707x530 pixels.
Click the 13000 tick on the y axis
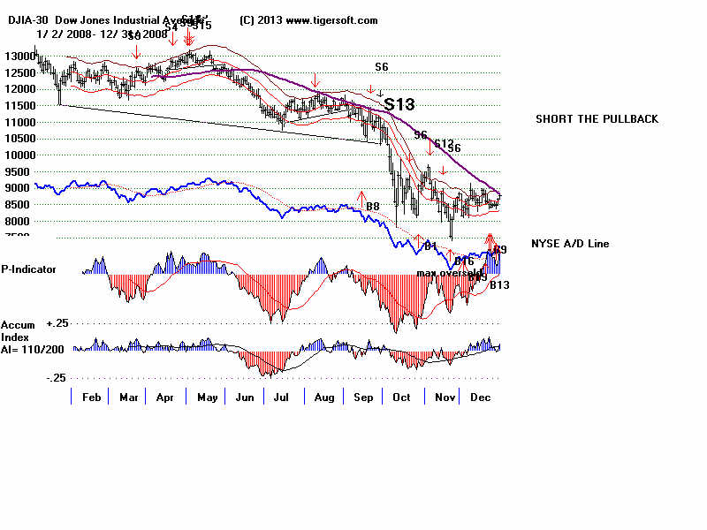pos(18,57)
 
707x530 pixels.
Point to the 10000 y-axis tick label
pos(18,155)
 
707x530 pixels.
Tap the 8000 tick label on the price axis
pos(18,222)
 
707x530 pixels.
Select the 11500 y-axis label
pos(18,106)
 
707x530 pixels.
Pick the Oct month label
pos(402,398)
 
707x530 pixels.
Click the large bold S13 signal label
pos(399,104)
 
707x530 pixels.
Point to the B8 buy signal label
pos(373,207)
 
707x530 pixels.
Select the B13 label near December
pos(499,285)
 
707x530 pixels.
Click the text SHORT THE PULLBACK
pos(597,119)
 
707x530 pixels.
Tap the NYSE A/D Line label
pos(570,244)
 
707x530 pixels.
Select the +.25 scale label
pos(57,324)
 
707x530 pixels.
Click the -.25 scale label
pos(57,378)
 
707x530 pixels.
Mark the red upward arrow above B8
pos(361,195)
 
